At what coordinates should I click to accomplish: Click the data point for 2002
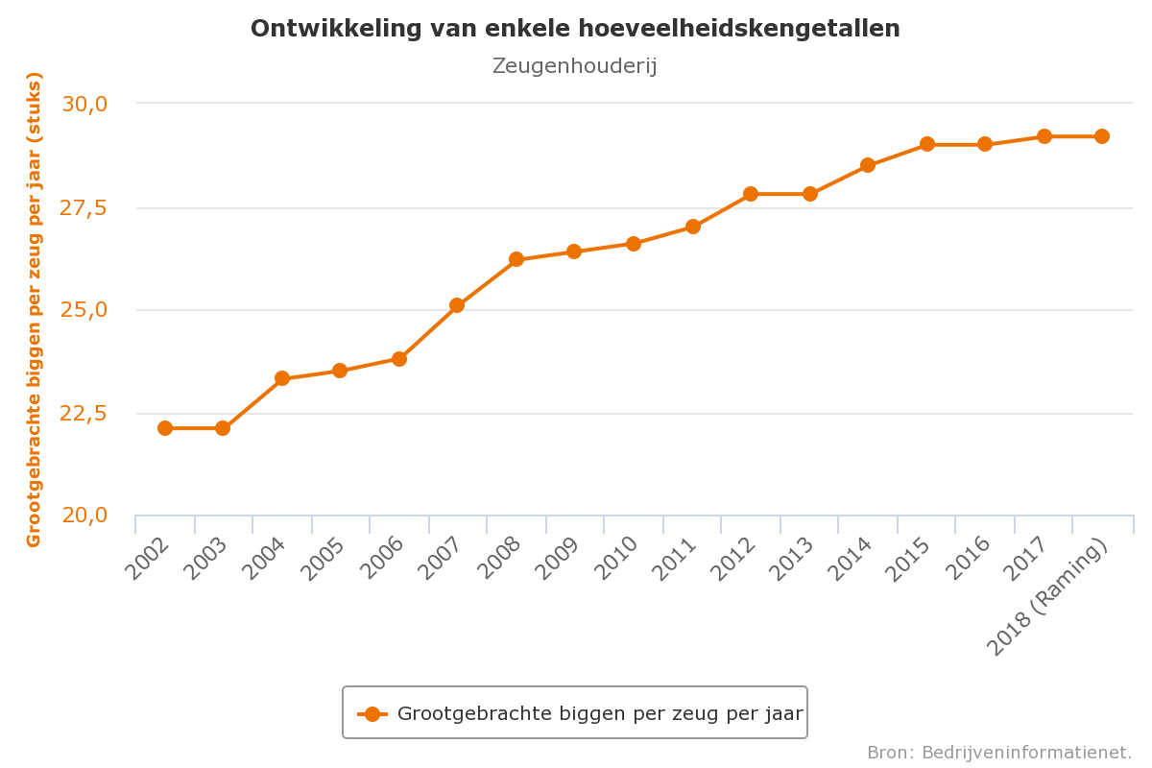pos(165,428)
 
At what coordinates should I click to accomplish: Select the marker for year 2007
pos(457,305)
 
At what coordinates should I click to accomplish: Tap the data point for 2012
pos(751,194)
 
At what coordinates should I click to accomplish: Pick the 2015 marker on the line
pos(927,144)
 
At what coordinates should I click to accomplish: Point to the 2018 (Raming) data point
pos(1102,136)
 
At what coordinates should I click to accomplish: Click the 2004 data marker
pos(282,378)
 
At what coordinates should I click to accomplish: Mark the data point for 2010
pos(634,244)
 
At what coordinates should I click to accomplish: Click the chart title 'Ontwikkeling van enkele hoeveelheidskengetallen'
pos(575,29)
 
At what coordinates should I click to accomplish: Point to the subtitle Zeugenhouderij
pos(574,66)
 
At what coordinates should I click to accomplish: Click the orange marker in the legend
pos(372,714)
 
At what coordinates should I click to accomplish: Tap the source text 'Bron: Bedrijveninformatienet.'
pos(999,753)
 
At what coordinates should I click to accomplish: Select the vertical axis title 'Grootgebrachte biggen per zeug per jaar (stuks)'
pos(35,309)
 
